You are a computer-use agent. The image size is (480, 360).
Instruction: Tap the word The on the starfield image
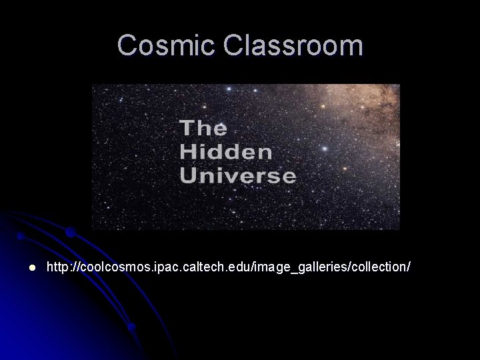point(203,127)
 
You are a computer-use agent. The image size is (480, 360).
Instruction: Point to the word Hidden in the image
point(226,151)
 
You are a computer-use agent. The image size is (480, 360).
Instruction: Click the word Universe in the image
point(237,175)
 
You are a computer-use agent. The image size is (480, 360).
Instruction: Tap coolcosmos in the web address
point(112,267)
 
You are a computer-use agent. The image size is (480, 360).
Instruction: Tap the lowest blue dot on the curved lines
point(132,327)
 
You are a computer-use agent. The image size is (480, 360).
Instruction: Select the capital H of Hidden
point(187,151)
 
